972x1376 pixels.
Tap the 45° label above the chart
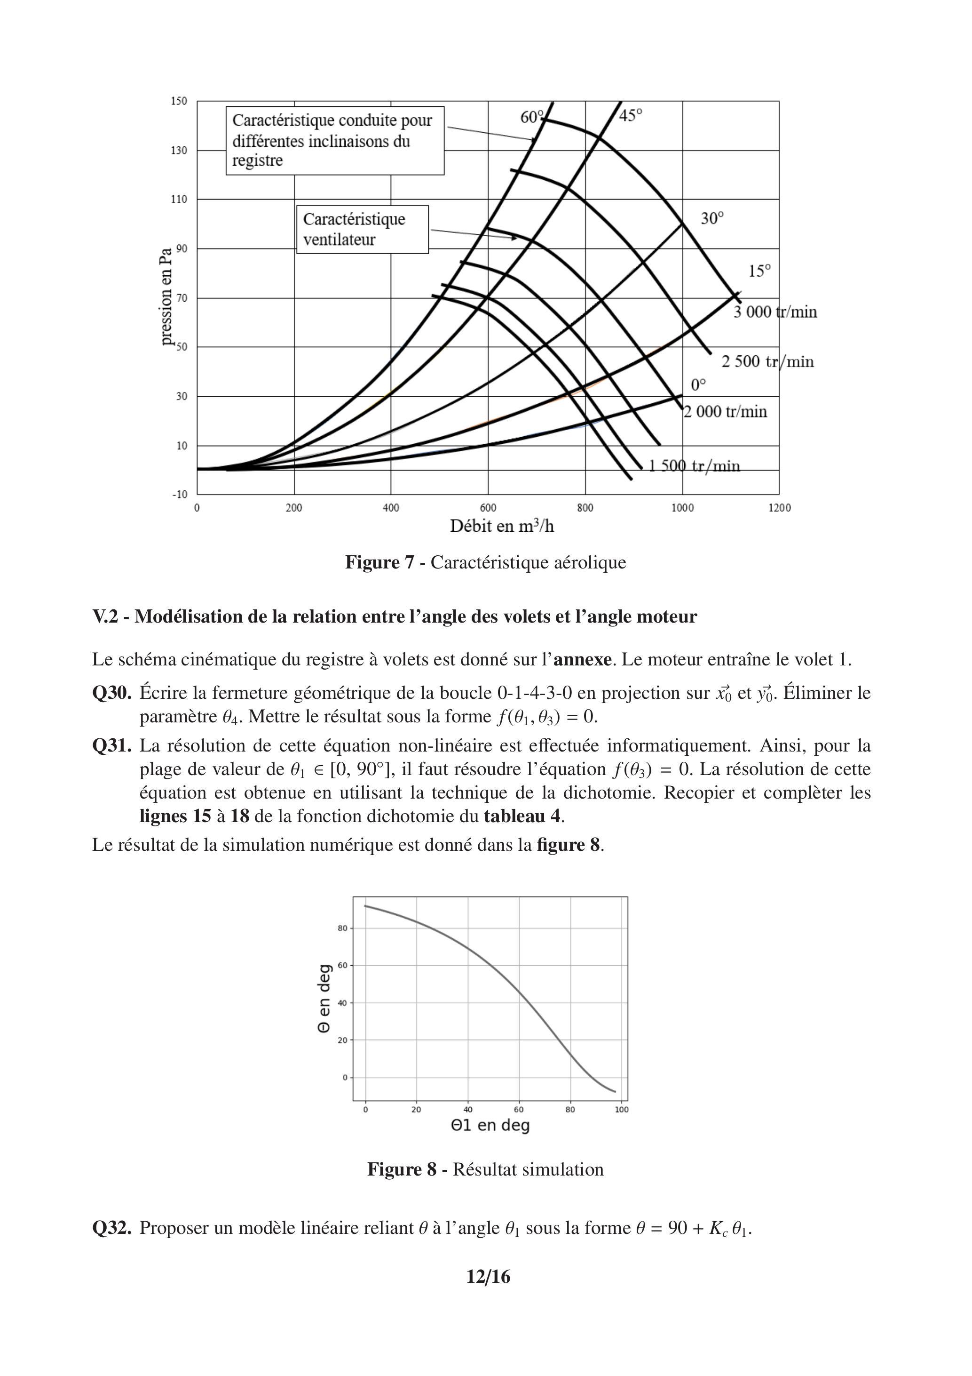click(630, 116)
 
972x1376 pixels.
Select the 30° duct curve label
click(712, 219)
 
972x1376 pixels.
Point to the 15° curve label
click(759, 272)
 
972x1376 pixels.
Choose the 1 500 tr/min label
click(694, 466)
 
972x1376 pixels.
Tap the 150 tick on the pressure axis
click(180, 101)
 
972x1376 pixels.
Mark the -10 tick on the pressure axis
click(180, 495)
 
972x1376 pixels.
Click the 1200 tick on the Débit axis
click(779, 508)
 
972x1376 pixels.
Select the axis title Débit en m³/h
click(502, 527)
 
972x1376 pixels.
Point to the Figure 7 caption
click(485, 563)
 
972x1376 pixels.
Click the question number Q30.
click(111, 693)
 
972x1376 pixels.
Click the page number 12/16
click(488, 1277)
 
